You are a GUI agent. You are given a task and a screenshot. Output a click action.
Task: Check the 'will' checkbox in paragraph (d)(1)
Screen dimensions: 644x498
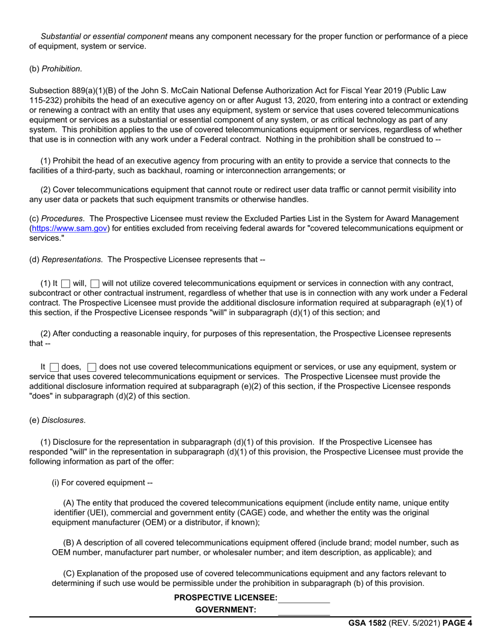[66, 284]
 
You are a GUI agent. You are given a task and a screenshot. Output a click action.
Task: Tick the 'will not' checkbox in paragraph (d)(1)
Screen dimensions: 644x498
[95, 284]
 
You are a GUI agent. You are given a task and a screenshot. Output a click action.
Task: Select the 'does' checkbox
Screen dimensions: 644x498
[55, 368]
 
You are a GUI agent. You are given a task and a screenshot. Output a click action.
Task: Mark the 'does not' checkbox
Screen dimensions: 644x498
[92, 368]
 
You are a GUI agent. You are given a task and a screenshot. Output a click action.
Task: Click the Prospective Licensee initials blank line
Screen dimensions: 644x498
[304, 598]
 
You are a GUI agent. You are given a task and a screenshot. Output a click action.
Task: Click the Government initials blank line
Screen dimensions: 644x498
[304, 610]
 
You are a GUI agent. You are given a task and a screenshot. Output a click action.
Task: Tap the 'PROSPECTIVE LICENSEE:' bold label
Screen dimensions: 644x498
[225, 598]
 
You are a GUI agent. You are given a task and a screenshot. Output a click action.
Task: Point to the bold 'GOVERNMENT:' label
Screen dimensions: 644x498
[225, 609]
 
